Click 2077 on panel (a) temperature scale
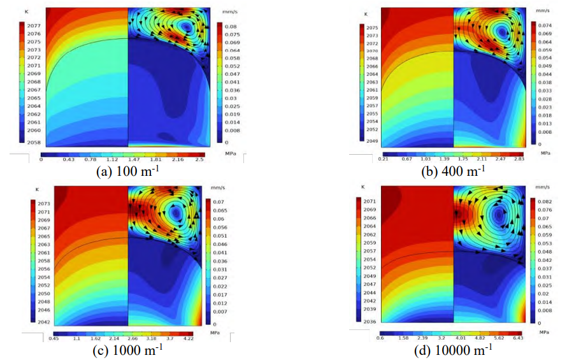(33, 25)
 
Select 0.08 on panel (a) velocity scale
(232, 26)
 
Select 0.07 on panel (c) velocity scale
(219, 201)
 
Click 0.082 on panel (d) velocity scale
(545, 199)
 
